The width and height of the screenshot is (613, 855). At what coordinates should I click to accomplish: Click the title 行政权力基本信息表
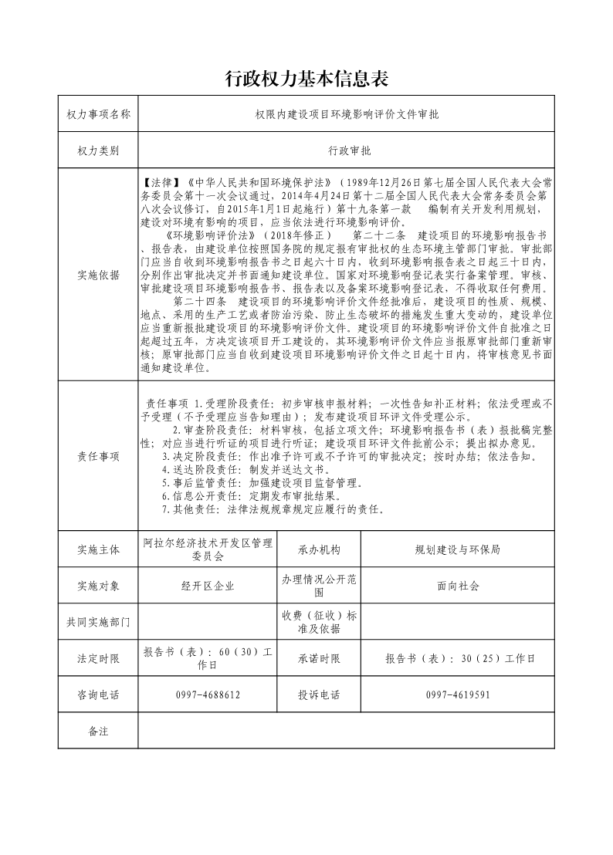pyautogui.click(x=306, y=79)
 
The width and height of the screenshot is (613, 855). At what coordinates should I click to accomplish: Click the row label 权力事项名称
pyautogui.click(x=99, y=114)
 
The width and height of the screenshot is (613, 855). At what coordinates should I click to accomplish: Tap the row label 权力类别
pyautogui.click(x=99, y=151)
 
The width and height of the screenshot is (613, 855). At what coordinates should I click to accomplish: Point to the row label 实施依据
pyautogui.click(x=99, y=275)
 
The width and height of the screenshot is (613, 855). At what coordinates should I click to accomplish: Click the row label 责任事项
pyautogui.click(x=99, y=456)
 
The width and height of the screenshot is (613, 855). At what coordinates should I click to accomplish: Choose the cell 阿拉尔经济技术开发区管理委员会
pyautogui.click(x=207, y=549)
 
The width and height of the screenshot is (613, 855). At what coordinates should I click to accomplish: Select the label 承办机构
pyautogui.click(x=319, y=550)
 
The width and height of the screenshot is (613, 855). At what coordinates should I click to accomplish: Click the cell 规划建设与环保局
pyautogui.click(x=457, y=550)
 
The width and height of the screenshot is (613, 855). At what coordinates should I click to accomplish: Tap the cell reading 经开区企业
pyautogui.click(x=207, y=586)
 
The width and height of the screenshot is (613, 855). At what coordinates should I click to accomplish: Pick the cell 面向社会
pyautogui.click(x=457, y=586)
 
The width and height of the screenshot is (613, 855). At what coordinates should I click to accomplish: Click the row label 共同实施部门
pyautogui.click(x=99, y=622)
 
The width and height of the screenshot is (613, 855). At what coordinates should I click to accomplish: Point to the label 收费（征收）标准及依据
pyautogui.click(x=319, y=622)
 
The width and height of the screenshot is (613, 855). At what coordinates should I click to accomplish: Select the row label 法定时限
pyautogui.click(x=99, y=658)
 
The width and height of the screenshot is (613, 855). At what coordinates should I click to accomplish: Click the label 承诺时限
pyautogui.click(x=319, y=658)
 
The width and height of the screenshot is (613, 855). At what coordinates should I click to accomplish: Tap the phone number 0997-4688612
pyautogui.click(x=207, y=694)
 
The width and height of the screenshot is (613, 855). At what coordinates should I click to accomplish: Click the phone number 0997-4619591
pyautogui.click(x=457, y=694)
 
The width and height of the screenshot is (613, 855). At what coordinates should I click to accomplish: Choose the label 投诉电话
pyautogui.click(x=319, y=694)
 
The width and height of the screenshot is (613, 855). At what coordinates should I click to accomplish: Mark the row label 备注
pyautogui.click(x=99, y=731)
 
